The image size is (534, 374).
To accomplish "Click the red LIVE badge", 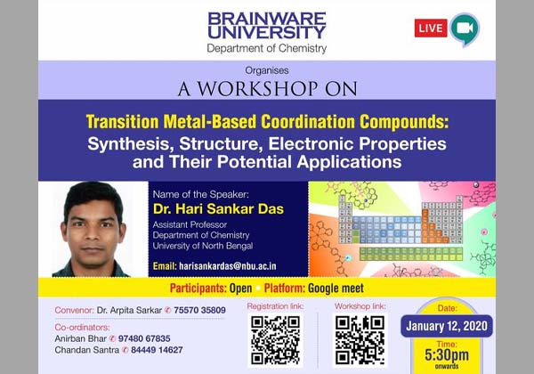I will point(431,28).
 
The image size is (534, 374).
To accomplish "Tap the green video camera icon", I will point(465,28).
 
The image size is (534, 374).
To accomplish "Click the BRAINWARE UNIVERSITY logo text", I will point(267,24).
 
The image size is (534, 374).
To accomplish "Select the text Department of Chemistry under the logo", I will point(267,48).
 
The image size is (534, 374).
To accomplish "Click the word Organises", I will point(267,70).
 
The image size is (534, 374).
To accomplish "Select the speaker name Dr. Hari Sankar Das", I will point(205,209).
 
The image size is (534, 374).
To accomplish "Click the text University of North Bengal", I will point(202,246).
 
